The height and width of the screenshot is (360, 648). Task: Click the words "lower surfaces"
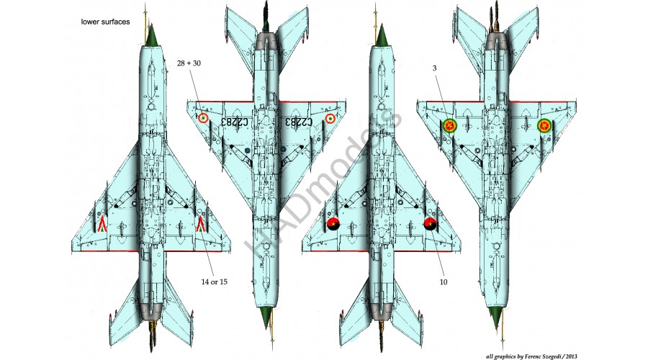pyautogui.click(x=105, y=23)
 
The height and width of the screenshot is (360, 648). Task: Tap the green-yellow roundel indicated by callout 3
pyautogui.click(x=449, y=127)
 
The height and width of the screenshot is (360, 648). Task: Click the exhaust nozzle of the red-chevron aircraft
pyautogui.click(x=152, y=310)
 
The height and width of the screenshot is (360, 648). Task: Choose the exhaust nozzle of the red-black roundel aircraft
pyautogui.click(x=381, y=310)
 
